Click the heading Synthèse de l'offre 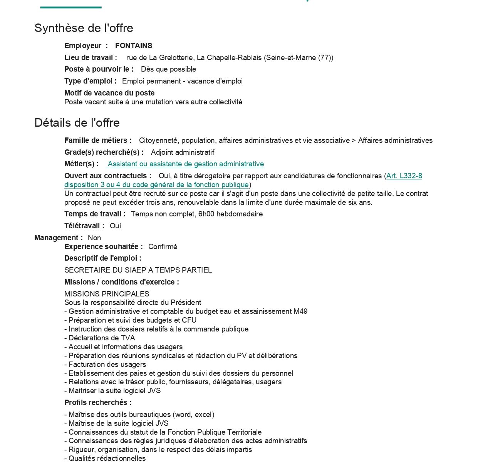(x=84, y=28)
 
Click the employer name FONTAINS (x=134, y=46)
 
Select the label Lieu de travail (x=91, y=58)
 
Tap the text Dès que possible (x=168, y=69)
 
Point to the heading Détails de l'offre (x=77, y=123)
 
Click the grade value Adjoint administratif (x=183, y=152)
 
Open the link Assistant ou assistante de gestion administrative (x=186, y=164)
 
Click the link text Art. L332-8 (x=404, y=176)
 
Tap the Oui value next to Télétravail (x=115, y=226)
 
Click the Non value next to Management (x=94, y=238)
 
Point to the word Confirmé (x=163, y=247)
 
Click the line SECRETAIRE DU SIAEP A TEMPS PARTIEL (x=138, y=270)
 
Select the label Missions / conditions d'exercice (x=121, y=282)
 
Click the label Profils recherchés (x=98, y=403)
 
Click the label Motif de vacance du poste (x=109, y=93)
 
